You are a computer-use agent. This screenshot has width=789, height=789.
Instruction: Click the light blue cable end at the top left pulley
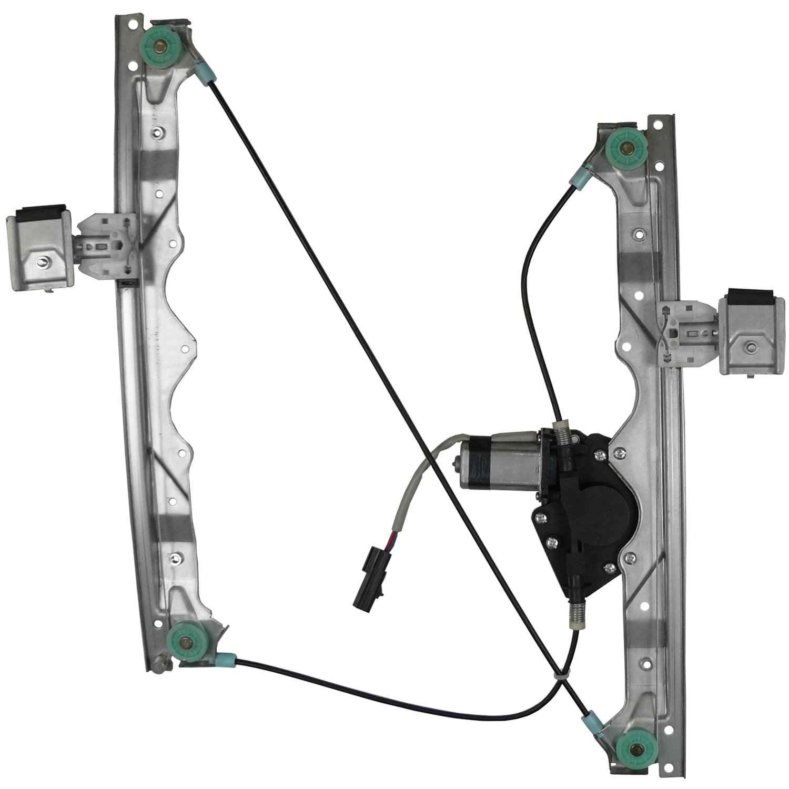205,72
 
